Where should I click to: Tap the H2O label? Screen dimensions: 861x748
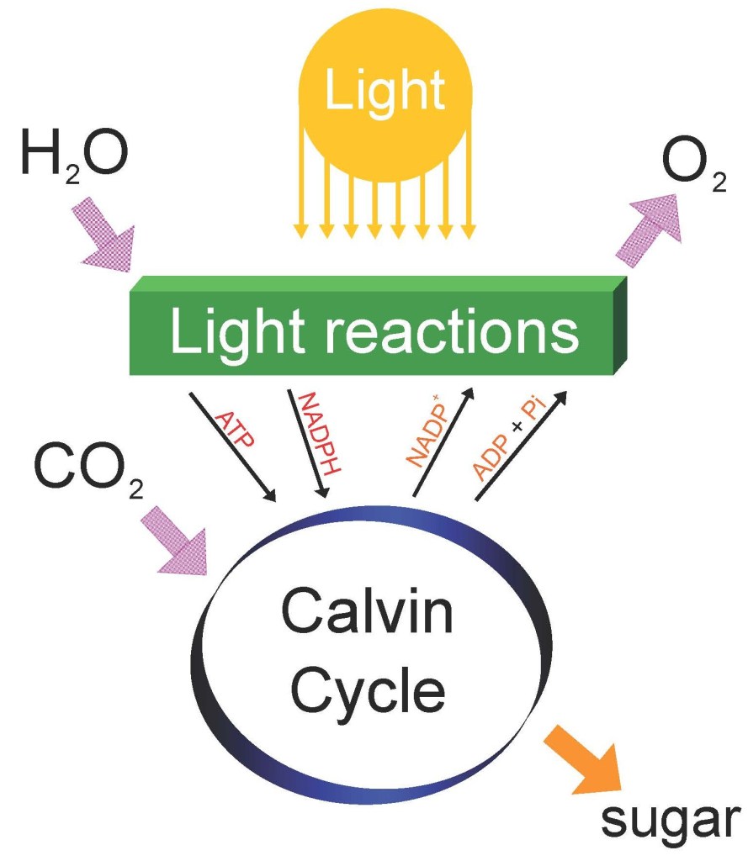73,156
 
